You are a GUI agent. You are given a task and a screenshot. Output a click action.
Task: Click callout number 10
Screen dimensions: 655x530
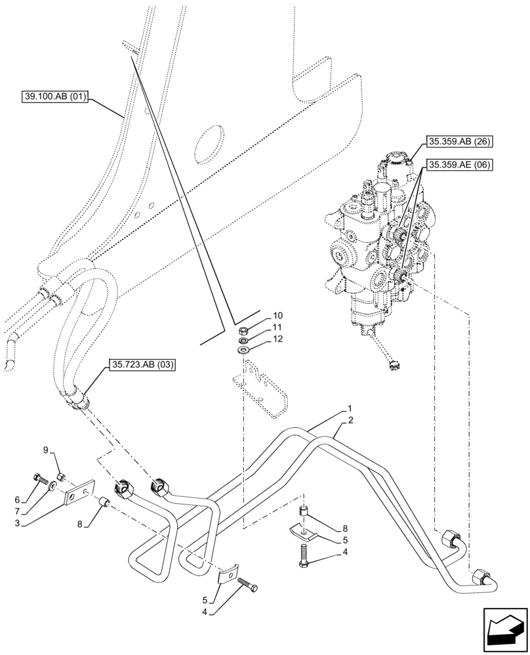tap(278, 316)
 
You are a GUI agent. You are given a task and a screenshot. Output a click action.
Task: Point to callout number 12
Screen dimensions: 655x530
tap(278, 339)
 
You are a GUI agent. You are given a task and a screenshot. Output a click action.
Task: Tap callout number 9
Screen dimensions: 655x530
tap(46, 449)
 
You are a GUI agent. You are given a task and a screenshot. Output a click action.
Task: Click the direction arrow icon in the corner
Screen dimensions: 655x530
tap(503, 629)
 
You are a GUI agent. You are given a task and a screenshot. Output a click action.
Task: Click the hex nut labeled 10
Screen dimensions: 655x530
tap(243, 331)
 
